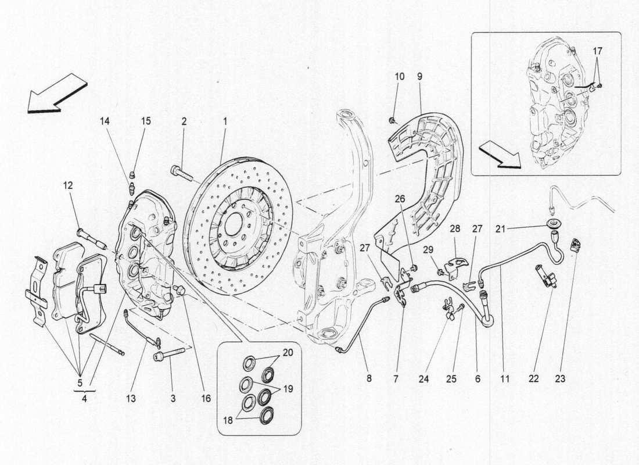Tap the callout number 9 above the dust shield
(419, 76)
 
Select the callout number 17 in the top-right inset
(598, 51)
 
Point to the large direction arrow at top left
(57, 93)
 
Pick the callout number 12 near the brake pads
(68, 185)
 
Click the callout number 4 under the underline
(85, 399)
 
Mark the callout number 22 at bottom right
(534, 378)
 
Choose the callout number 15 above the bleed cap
(146, 121)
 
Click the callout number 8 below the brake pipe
(369, 378)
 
